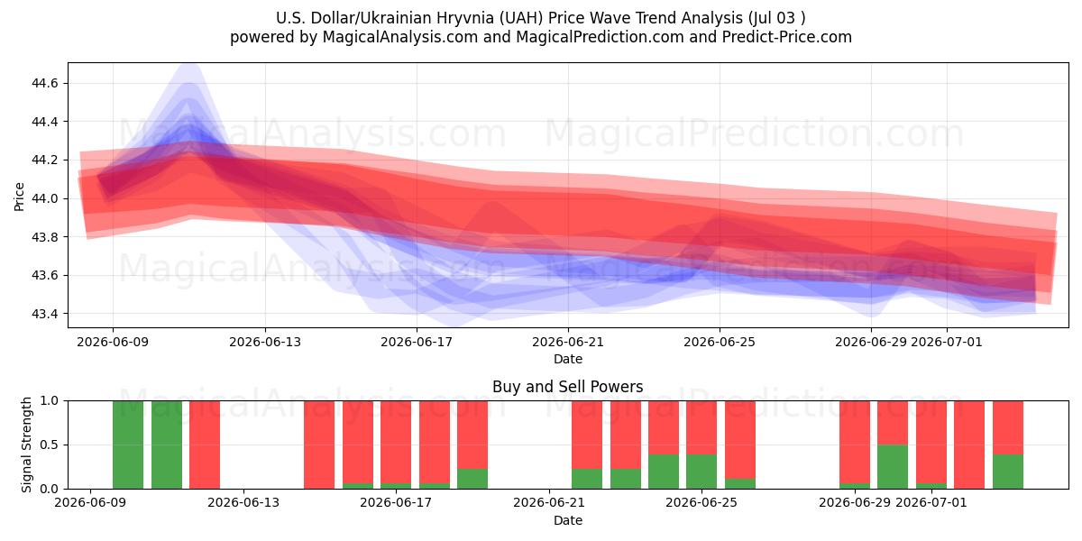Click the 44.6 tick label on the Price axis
coord(44,83)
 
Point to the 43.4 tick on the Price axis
coord(44,314)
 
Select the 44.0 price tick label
coord(44,198)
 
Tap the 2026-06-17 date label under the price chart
coord(417,342)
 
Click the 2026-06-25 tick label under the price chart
coord(720,342)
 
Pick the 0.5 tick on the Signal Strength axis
coord(50,445)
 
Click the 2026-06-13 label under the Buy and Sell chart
coord(243,502)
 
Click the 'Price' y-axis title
coord(19,197)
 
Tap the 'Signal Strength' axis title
coord(26,445)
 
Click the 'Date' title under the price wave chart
coord(568,359)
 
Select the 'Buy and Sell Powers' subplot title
coord(568,387)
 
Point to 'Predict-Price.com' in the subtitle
coord(787,37)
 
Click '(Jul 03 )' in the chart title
coord(776,18)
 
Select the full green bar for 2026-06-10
coord(128,445)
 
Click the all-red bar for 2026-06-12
coord(205,445)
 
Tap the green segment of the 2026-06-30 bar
coord(893,467)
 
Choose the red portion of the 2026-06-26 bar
coord(740,440)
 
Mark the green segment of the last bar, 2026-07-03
coord(1008,472)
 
